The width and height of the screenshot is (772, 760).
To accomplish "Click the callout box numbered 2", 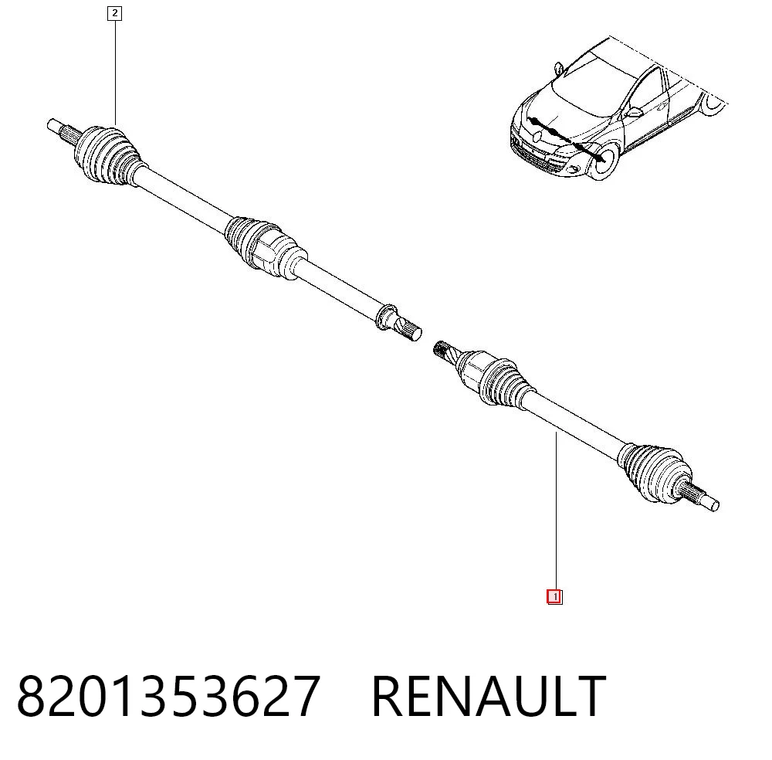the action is pyautogui.click(x=114, y=13).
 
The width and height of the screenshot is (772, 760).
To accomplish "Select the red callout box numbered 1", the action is pyautogui.click(x=554, y=597).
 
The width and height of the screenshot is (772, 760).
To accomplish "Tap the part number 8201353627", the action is pyautogui.click(x=169, y=696).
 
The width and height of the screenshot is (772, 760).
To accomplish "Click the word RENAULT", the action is pyautogui.click(x=489, y=696).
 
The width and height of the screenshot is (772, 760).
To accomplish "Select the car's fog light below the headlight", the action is pyautogui.click(x=574, y=170).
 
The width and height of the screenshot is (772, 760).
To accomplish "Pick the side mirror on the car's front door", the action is pyautogui.click(x=634, y=112).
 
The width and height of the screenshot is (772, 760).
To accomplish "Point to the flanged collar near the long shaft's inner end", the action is pyautogui.click(x=386, y=316).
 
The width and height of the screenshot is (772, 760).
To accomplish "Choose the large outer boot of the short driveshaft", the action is pyautogui.click(x=655, y=472).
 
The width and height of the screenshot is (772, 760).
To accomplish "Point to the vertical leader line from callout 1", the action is pyautogui.click(x=557, y=511).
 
